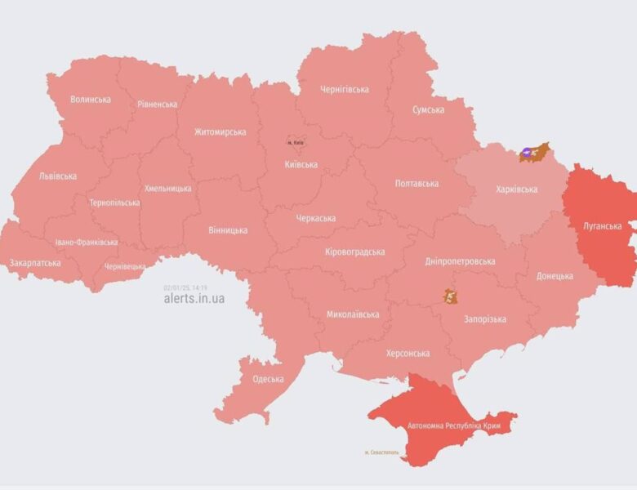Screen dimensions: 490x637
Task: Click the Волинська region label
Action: pyautogui.click(x=90, y=100)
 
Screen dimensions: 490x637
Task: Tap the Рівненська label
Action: pyautogui.click(x=157, y=105)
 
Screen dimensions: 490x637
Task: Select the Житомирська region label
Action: pyautogui.click(x=220, y=131)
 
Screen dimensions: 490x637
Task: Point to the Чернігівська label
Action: pyautogui.click(x=345, y=90)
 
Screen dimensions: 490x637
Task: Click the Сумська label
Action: pyautogui.click(x=428, y=109)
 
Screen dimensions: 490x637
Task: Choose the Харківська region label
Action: pyautogui.click(x=516, y=189)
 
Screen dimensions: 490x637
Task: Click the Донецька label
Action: pyautogui.click(x=555, y=276)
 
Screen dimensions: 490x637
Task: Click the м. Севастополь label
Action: pyautogui.click(x=382, y=452)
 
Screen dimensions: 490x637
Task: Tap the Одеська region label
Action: pyautogui.click(x=268, y=379)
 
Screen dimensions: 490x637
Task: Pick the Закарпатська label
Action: pyautogui.click(x=34, y=264)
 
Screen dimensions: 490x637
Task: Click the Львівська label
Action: pyautogui.click(x=57, y=176)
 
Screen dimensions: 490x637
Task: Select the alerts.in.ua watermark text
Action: pyautogui.click(x=194, y=299)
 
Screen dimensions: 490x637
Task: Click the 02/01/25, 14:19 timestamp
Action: pyautogui.click(x=185, y=287)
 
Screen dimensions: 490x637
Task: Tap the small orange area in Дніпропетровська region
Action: pyautogui.click(x=449, y=296)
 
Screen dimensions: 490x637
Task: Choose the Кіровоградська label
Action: pyautogui.click(x=354, y=252)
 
